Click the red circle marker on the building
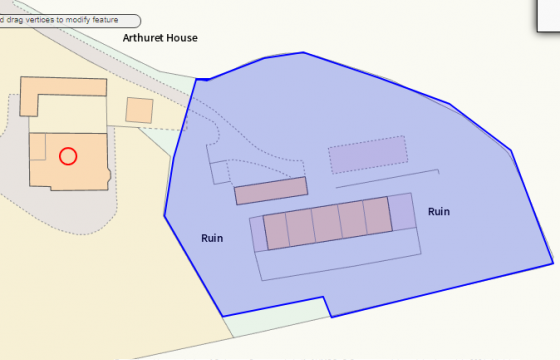(x=68, y=155)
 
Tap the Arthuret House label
(x=160, y=38)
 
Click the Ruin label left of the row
(x=212, y=238)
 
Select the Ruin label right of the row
(x=439, y=211)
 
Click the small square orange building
(x=139, y=110)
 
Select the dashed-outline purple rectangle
(x=368, y=155)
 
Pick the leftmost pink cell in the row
(x=275, y=230)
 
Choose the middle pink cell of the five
(x=325, y=223)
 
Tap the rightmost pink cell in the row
(x=376, y=216)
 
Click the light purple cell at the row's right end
(x=401, y=212)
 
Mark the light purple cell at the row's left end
(x=257, y=232)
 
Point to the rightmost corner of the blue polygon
(x=553, y=263)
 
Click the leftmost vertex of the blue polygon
(x=165, y=214)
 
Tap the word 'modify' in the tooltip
(x=82, y=20)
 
